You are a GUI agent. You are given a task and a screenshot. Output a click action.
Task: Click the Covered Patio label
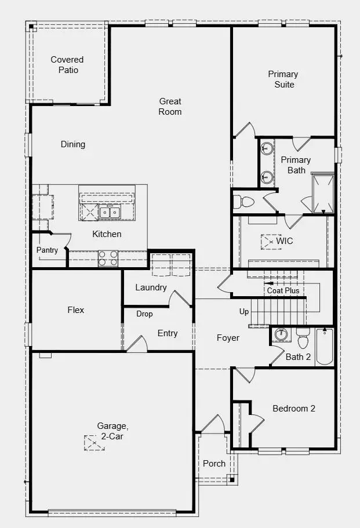pos(67,65)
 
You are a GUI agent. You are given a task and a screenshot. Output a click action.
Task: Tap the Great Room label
pos(170,107)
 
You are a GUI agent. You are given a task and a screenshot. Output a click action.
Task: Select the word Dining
pos(72,144)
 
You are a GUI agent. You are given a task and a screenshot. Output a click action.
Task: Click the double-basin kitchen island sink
pos(110,212)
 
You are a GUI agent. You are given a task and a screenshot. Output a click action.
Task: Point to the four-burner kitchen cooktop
pos(108,258)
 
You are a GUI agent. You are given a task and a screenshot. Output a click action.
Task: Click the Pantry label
pos(47,250)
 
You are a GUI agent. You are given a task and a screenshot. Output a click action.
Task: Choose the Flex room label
pos(76,310)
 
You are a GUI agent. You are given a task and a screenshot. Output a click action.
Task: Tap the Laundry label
pos(151,287)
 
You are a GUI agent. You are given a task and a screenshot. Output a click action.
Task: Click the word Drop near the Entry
pos(144,314)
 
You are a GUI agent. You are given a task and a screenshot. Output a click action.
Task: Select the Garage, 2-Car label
pos(112,431)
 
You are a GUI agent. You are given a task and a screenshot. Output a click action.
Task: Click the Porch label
pos(214,464)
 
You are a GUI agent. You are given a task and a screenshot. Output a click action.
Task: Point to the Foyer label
pos(228,338)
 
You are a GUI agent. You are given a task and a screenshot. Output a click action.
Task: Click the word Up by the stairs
pos(244,311)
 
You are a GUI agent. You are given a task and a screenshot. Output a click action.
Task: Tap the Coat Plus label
pos(283,290)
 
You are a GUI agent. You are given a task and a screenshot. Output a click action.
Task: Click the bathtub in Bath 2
pos(325,347)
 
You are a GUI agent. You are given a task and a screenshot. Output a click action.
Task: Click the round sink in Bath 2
pos(281,334)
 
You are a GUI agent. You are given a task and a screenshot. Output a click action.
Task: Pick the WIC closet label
pos(285,241)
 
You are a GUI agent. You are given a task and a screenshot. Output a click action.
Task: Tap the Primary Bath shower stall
pos(323,193)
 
